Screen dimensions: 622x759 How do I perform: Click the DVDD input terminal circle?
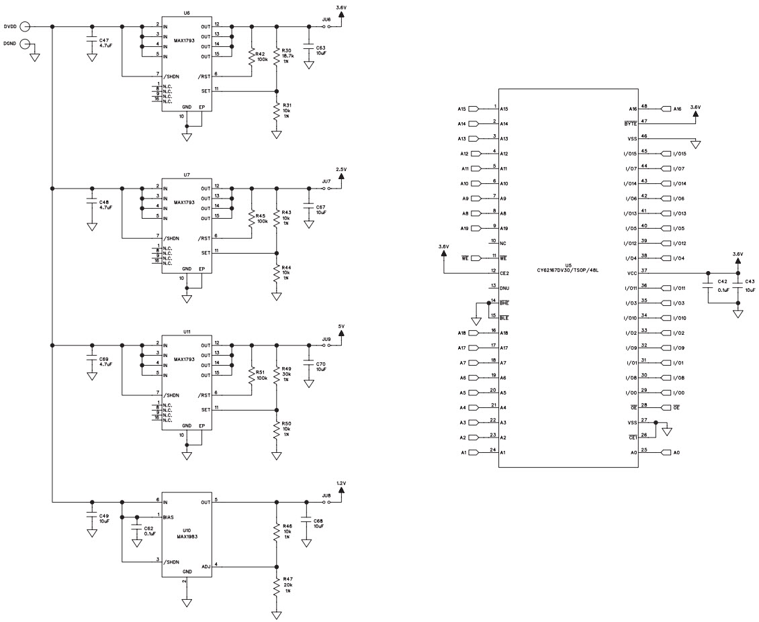pos(25,26)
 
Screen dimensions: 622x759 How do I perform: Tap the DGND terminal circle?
pos(25,44)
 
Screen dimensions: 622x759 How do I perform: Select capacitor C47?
pos(91,42)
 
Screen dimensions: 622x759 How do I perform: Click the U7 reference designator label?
pos(187,174)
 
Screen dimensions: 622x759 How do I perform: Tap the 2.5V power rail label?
pos(341,170)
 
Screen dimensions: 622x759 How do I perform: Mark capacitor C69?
pos(91,362)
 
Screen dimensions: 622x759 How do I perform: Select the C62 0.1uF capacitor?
pos(136,529)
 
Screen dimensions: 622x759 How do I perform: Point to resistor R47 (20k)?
pos(276,586)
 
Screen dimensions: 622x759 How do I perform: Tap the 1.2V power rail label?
pos(341,482)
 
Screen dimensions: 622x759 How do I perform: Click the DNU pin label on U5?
pos(504,287)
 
